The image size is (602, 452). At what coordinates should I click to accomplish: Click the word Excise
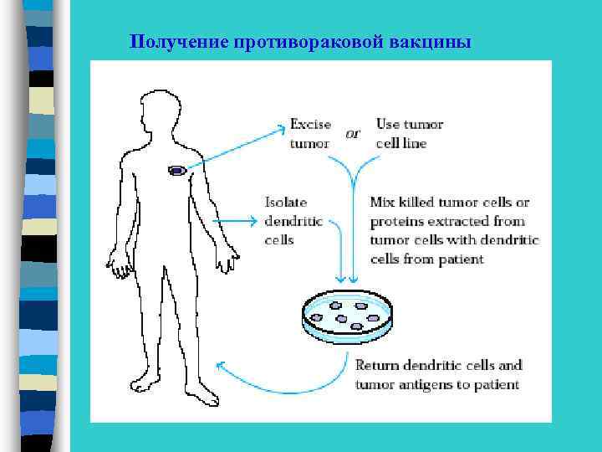click(x=311, y=125)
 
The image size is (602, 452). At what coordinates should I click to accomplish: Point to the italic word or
click(x=353, y=134)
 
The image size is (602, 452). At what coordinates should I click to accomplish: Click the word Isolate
click(x=286, y=203)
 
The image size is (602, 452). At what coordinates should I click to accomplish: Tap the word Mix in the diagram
click(x=381, y=203)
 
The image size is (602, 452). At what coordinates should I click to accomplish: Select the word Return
click(x=378, y=366)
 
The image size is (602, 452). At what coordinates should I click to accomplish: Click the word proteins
click(x=397, y=222)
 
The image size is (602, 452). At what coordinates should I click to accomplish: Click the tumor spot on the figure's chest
click(x=176, y=171)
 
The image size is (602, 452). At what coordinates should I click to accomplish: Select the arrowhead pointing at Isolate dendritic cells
click(x=254, y=222)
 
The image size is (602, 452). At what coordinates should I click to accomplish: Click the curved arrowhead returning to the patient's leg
click(x=220, y=366)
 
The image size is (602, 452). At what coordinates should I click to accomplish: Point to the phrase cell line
click(x=401, y=143)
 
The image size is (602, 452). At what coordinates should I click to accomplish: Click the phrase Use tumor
click(x=410, y=125)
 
